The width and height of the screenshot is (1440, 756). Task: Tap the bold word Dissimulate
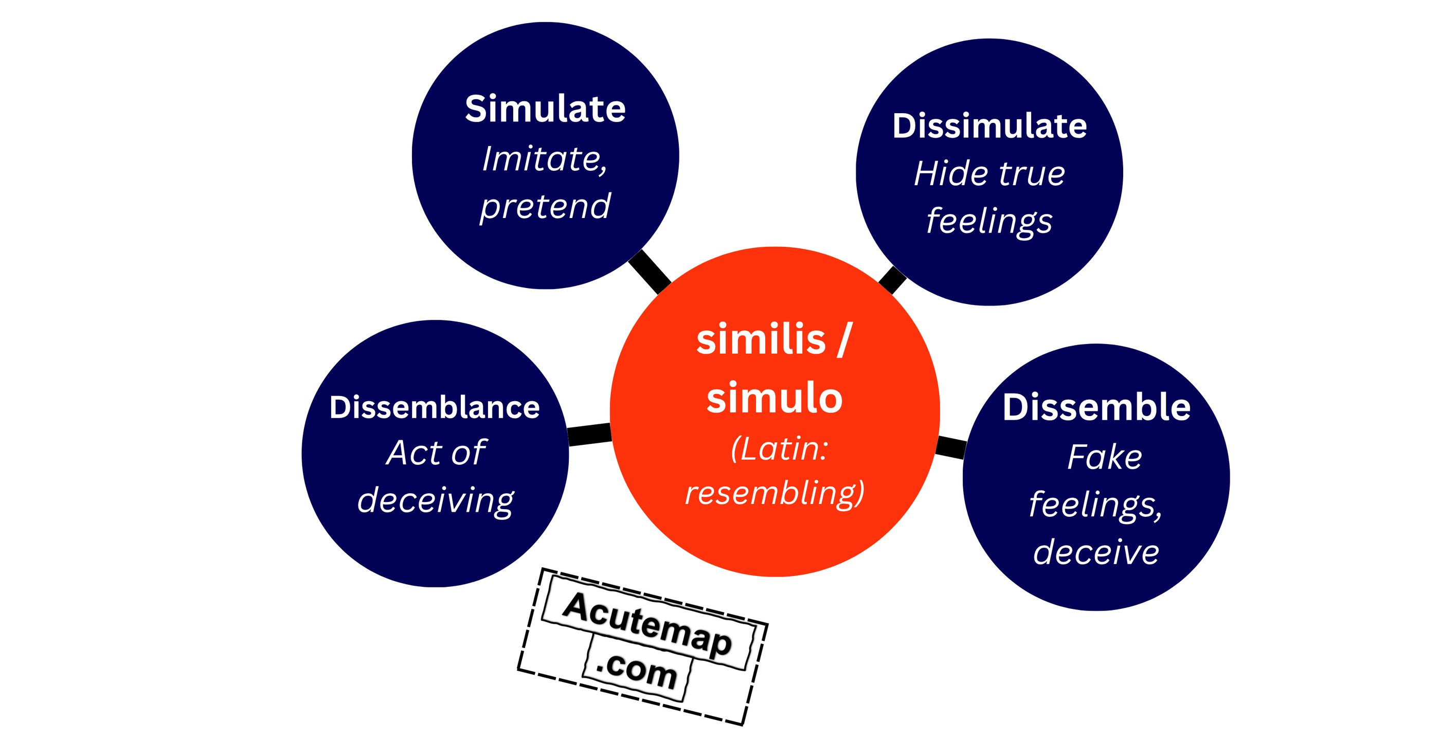pyautogui.click(x=989, y=126)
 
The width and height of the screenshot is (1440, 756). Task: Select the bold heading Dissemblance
pyautogui.click(x=435, y=407)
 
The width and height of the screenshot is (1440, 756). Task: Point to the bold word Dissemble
pyautogui.click(x=1096, y=407)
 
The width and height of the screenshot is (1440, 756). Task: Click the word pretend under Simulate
pyautogui.click(x=545, y=207)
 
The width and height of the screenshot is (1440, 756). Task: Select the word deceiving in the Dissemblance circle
pyautogui.click(x=436, y=500)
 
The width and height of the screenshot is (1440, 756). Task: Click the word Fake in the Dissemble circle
pyautogui.click(x=1104, y=457)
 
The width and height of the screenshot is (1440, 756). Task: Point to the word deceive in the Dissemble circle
pyautogui.click(x=1095, y=552)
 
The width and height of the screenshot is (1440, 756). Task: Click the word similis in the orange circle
pyautogui.click(x=761, y=340)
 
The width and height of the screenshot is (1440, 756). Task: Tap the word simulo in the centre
pyautogui.click(x=774, y=398)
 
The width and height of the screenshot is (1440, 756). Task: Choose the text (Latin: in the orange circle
pyautogui.click(x=779, y=448)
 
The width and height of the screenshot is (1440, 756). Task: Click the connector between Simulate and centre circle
pyautogui.click(x=650, y=272)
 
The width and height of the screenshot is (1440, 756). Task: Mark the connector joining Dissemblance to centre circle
pyautogui.click(x=589, y=435)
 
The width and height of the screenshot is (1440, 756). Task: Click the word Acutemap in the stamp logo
pyautogui.click(x=647, y=624)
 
